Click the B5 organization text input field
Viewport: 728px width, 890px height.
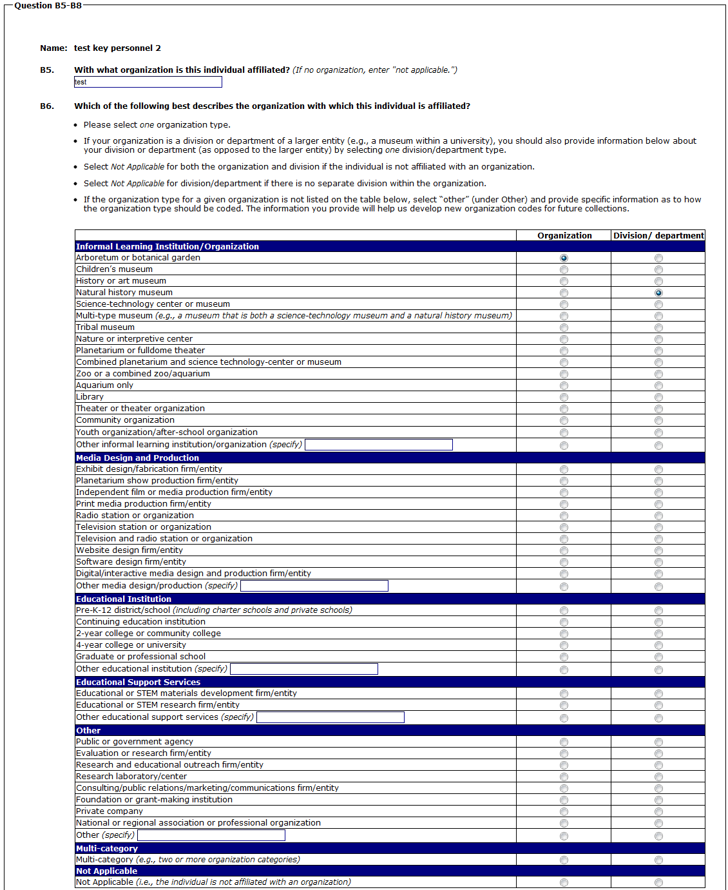pyautogui.click(x=148, y=82)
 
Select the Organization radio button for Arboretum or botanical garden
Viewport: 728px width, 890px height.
pyautogui.click(x=564, y=258)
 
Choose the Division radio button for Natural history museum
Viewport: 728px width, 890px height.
pyautogui.click(x=658, y=293)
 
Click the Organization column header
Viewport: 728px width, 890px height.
pyautogui.click(x=564, y=236)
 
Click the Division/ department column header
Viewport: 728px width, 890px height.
pyautogui.click(x=658, y=236)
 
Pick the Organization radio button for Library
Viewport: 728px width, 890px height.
pyautogui.click(x=564, y=397)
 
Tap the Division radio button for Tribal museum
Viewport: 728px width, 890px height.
pyautogui.click(x=658, y=327)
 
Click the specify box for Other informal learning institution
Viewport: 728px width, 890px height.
pyautogui.click(x=378, y=445)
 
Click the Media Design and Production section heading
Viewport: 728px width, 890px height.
pyautogui.click(x=137, y=458)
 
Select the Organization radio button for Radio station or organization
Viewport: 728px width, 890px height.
pyautogui.click(x=564, y=516)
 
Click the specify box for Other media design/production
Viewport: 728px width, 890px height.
pyautogui.click(x=314, y=586)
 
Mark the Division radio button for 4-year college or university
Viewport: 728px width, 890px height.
pyautogui.click(x=658, y=645)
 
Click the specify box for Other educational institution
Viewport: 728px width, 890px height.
pyautogui.click(x=303, y=669)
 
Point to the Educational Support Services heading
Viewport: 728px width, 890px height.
pyautogui.click(x=138, y=682)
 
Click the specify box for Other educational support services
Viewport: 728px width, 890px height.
pyautogui.click(x=330, y=717)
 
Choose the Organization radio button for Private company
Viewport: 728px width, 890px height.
pyautogui.click(x=564, y=811)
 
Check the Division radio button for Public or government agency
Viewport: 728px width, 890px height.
pyautogui.click(x=658, y=742)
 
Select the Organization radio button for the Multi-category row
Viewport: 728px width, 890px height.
pyautogui.click(x=564, y=860)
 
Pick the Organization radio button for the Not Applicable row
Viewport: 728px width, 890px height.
pyautogui.click(x=564, y=882)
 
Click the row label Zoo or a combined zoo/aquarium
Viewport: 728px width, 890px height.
pyautogui.click(x=143, y=374)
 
